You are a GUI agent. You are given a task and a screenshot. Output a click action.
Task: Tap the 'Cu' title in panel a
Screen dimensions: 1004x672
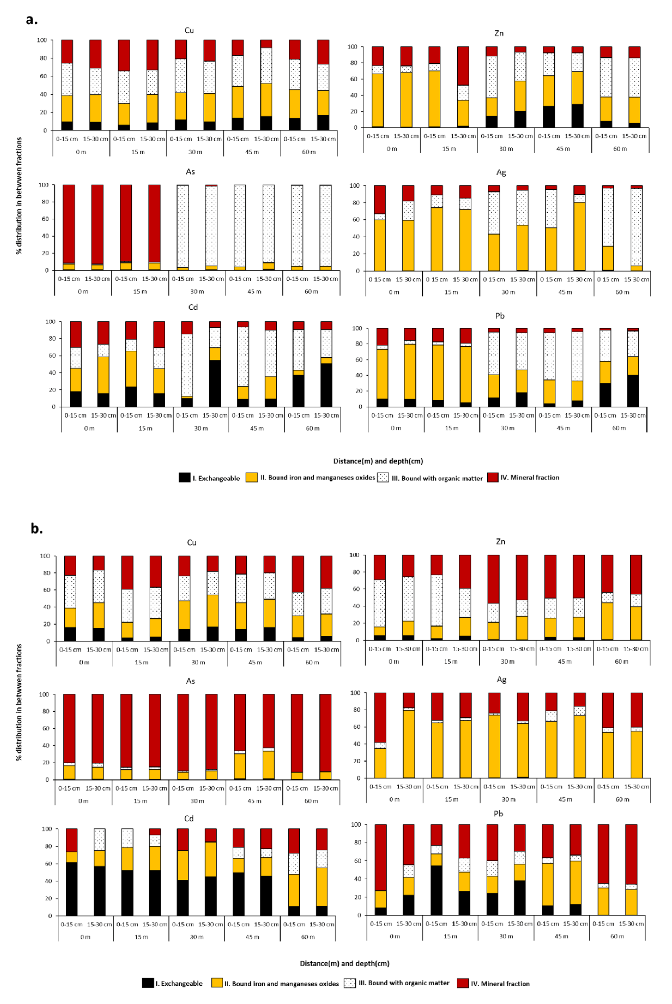[189, 30]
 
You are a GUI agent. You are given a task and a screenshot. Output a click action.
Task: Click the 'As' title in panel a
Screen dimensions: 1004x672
[190, 171]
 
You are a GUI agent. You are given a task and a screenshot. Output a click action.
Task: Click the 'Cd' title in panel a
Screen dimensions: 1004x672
[193, 307]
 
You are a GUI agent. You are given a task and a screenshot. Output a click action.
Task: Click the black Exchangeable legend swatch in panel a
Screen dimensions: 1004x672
[184, 478]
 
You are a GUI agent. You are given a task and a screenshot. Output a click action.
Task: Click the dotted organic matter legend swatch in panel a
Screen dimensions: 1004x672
[383, 478]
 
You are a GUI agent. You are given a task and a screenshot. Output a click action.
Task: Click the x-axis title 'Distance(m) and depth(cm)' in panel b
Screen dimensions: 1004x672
[345, 963]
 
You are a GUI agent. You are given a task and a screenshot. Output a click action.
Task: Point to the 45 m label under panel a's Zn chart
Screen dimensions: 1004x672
[563, 149]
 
